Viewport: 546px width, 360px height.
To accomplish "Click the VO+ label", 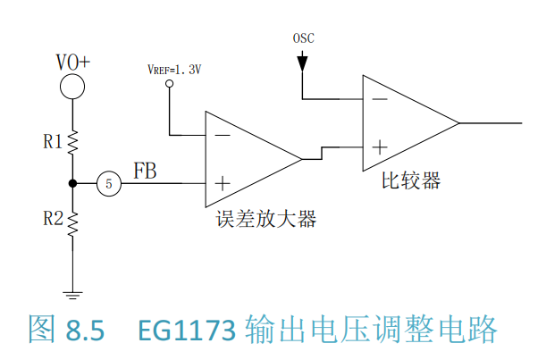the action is click(73, 63).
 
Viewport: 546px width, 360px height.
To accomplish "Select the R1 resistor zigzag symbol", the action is click(72, 142).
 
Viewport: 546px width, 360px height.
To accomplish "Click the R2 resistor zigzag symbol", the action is click(72, 224).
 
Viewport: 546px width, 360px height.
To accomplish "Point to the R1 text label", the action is click(53, 142).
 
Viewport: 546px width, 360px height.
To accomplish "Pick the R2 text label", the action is click(53, 219).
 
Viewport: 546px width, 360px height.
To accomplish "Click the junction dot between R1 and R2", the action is click(72, 183).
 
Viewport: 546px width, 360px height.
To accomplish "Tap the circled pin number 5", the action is click(109, 183).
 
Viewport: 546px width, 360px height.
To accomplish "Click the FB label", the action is click(145, 171).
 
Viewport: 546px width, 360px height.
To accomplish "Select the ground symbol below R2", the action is click(72, 296).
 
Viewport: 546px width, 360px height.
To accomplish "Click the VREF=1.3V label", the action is click(174, 70).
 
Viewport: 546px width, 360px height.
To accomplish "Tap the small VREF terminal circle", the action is click(170, 84).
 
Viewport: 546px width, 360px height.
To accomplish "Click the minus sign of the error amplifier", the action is click(223, 135).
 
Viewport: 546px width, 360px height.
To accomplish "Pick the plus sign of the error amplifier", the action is click(223, 183).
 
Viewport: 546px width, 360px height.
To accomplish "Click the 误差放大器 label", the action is click(266, 219).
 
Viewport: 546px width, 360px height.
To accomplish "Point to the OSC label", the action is click(303, 38).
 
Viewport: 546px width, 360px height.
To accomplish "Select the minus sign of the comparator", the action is click(380, 99).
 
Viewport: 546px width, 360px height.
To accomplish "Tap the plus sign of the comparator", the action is click(380, 147).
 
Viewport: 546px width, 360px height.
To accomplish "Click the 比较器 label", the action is click(411, 180).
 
